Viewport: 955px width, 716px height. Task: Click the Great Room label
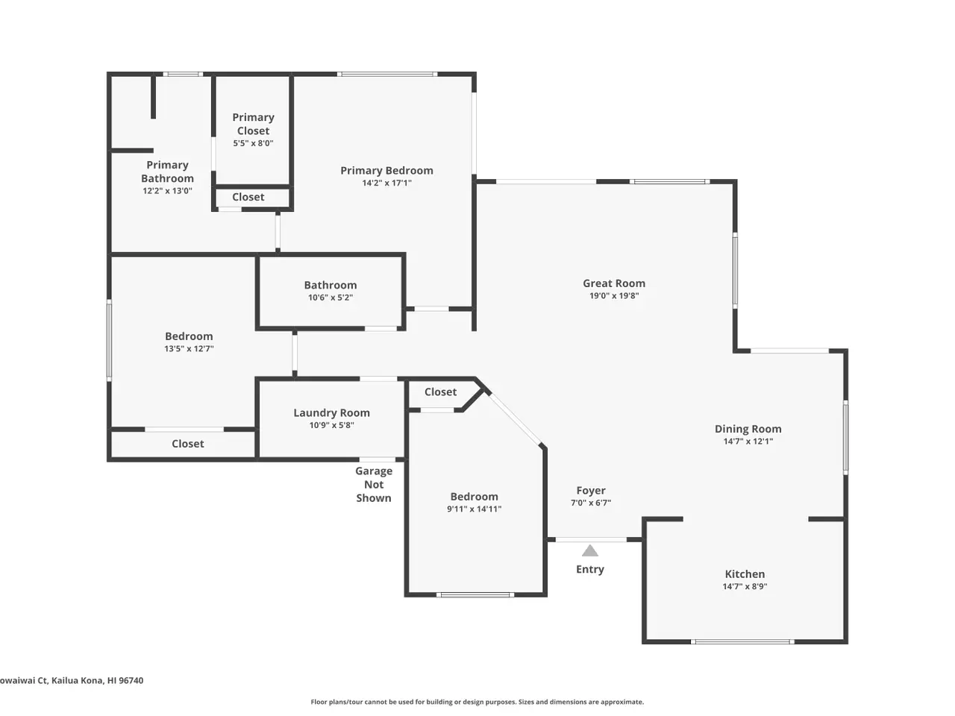[x=614, y=283]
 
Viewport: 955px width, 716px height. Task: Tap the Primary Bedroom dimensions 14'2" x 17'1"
[x=386, y=183]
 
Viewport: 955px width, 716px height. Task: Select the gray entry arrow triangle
[x=590, y=550]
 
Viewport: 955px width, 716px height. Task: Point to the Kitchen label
[x=745, y=574]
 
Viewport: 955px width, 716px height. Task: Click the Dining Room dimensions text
[x=748, y=442]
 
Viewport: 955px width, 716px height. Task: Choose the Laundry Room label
[x=331, y=413]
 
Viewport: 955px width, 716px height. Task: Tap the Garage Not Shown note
[x=374, y=484]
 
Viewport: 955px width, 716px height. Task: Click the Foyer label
[x=591, y=490]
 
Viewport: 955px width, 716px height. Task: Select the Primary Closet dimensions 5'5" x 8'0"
[x=253, y=143]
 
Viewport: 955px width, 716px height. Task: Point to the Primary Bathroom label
[x=168, y=172]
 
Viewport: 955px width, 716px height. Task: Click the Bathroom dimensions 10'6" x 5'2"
[x=331, y=298]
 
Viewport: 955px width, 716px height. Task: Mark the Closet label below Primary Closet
[x=248, y=197]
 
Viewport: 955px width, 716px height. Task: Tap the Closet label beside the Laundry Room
[x=440, y=392]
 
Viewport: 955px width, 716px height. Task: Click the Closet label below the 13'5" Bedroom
[x=187, y=444]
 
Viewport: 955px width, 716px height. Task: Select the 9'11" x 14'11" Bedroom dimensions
[x=475, y=509]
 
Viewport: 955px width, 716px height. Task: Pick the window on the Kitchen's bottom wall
[x=742, y=641]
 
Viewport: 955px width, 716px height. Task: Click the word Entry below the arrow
[x=590, y=570]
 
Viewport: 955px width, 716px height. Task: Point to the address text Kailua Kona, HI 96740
[x=98, y=680]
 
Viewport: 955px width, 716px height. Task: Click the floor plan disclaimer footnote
[x=477, y=702]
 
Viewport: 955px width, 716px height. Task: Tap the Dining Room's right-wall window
[x=845, y=437]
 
